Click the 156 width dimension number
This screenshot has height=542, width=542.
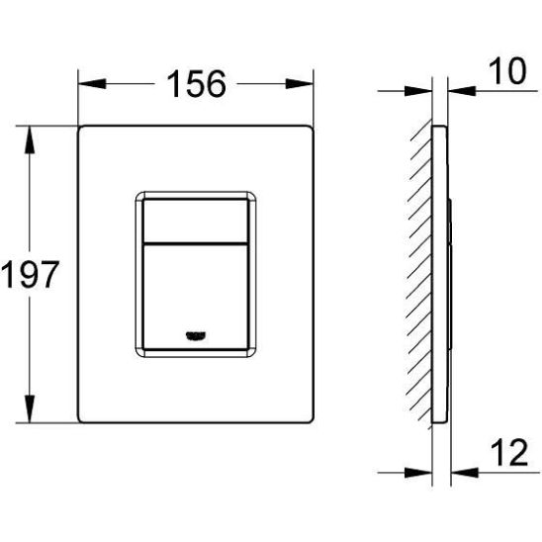click(196, 85)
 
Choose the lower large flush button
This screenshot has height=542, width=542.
click(194, 292)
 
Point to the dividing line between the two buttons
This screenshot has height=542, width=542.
click(194, 240)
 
